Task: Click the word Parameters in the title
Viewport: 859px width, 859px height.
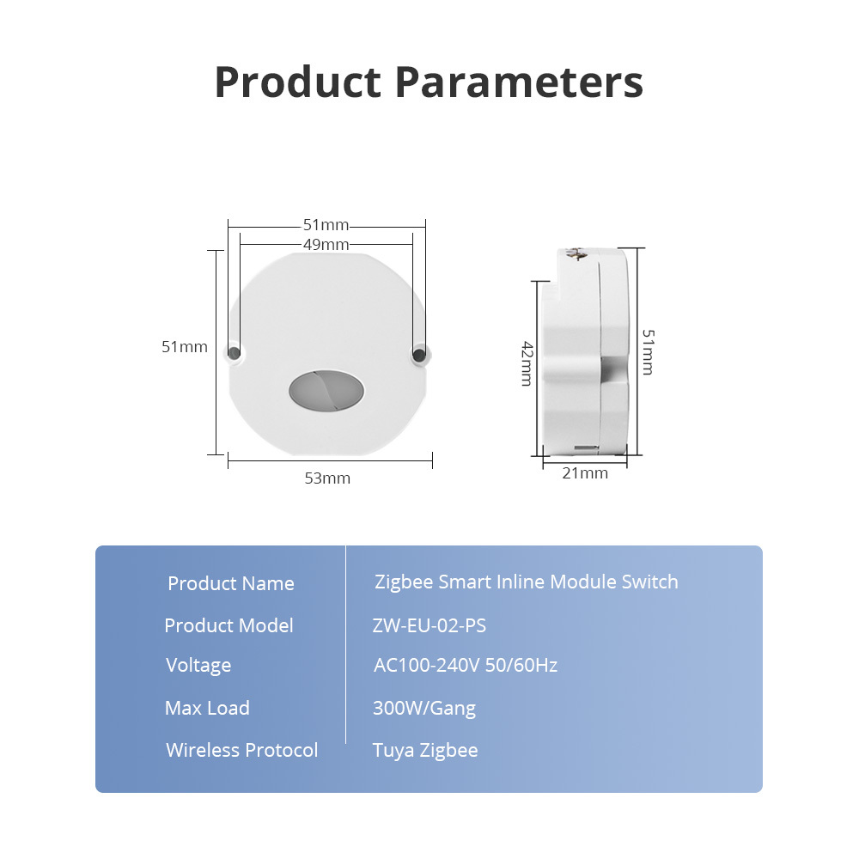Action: pos(519,82)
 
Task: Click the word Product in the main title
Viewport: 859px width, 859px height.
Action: pos(297,82)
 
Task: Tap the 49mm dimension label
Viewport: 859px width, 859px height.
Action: pos(326,244)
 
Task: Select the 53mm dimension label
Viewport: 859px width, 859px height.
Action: pos(327,478)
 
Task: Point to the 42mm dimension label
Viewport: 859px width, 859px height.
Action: pos(527,363)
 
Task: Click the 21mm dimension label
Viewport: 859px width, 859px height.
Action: pos(585,473)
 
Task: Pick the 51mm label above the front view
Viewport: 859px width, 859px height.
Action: pos(326,224)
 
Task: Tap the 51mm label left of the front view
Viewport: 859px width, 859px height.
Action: pos(185,347)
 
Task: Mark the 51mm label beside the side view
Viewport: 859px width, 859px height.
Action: pos(648,351)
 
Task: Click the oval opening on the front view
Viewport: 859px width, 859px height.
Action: pos(326,390)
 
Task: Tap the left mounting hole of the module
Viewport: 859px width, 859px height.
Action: pos(234,353)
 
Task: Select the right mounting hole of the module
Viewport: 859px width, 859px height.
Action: pos(419,354)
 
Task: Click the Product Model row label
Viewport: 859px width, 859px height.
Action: pos(229,625)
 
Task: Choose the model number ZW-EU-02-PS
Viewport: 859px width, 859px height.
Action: pos(429,625)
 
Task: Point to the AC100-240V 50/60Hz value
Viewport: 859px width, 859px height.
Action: pos(466,665)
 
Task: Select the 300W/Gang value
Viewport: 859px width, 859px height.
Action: pos(424,709)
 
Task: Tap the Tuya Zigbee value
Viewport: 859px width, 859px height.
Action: pos(425,751)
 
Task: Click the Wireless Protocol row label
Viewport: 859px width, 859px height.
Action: pos(242,750)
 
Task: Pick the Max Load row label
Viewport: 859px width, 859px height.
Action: pos(207,708)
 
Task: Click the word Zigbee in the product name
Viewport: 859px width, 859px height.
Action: pos(404,582)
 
